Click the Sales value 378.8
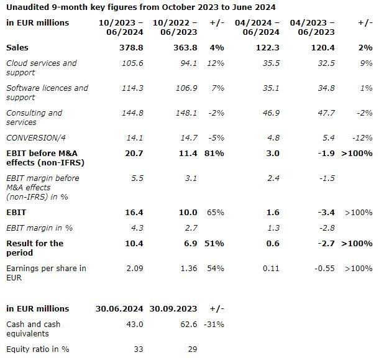131,47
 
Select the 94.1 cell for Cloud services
188,63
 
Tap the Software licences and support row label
47,93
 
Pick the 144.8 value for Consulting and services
132,113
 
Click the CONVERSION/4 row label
36,138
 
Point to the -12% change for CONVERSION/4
362,138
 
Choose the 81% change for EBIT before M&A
214,154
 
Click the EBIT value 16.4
134,212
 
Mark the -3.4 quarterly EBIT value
326,212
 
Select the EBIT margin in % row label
39,228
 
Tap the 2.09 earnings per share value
135,269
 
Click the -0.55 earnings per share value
324,269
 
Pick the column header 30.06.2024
119,308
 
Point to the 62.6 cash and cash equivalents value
188,324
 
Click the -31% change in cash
214,324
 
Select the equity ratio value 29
193,349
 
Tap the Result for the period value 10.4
134,243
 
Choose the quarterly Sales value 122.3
268,47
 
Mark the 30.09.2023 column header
173,308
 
